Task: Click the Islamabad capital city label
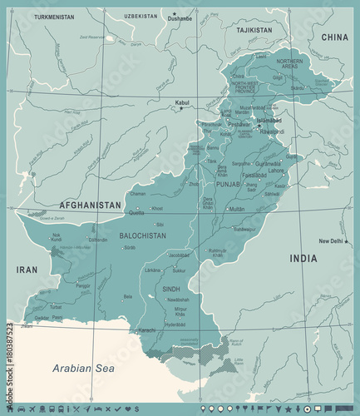(x=270, y=120)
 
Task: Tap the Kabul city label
(x=182, y=102)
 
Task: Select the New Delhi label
(x=331, y=240)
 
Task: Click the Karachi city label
(x=146, y=330)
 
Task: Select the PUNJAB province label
(x=227, y=184)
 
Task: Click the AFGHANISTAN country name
(x=90, y=205)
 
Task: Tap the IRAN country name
(x=28, y=270)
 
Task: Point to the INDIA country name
(x=303, y=259)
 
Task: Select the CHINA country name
(x=335, y=37)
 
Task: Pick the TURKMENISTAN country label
(x=54, y=16)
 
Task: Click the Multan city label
(x=237, y=209)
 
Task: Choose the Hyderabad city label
(x=175, y=324)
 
